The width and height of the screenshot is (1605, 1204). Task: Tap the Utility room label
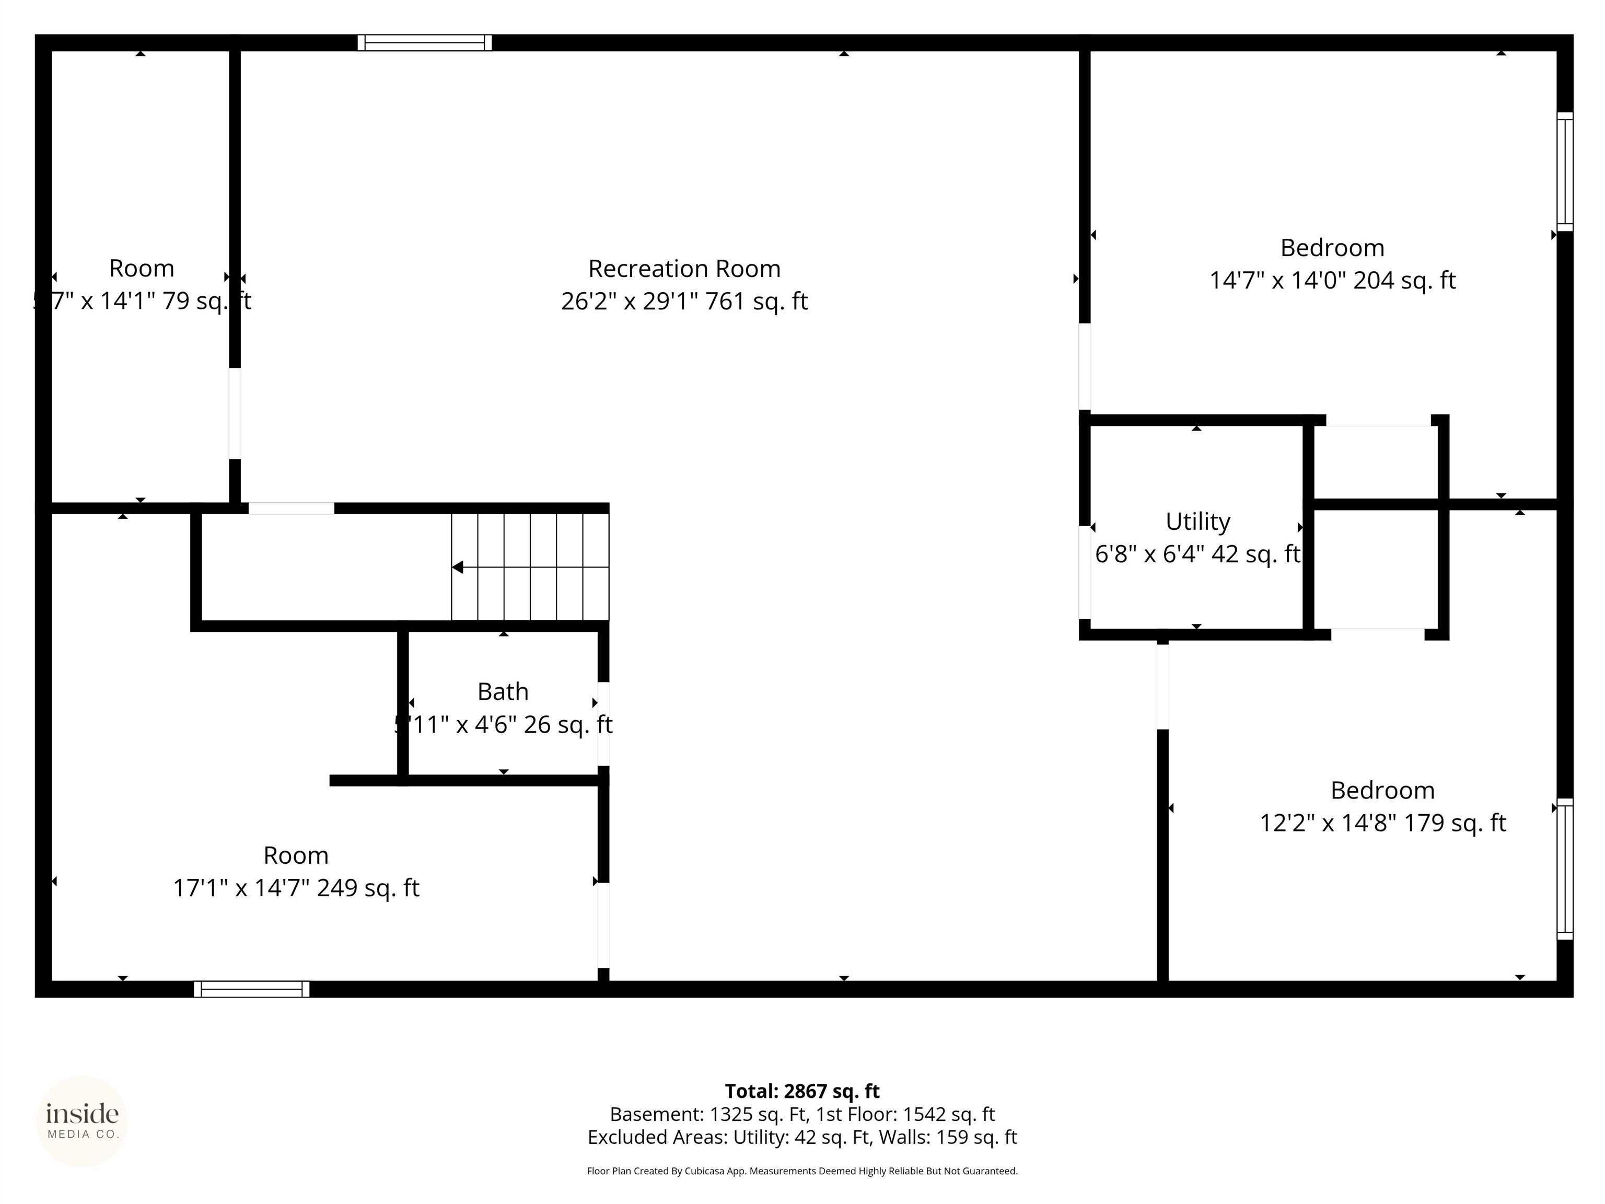tap(1197, 521)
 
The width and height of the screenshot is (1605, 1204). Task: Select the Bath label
tap(503, 692)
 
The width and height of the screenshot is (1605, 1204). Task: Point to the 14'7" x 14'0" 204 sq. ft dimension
tap(1332, 280)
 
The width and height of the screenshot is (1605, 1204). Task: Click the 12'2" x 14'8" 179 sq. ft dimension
tap(1382, 823)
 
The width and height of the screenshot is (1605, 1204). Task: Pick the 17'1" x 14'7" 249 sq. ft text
tap(296, 887)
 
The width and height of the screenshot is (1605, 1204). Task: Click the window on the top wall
tap(424, 43)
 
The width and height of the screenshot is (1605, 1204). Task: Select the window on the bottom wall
tap(251, 989)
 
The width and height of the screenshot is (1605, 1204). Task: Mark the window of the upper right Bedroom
tap(1565, 172)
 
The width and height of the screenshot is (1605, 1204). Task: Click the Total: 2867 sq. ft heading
tap(802, 1091)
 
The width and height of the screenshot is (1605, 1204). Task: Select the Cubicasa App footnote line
tap(802, 1171)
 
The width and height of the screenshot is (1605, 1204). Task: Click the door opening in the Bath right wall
tap(603, 724)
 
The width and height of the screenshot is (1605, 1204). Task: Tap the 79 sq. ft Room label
tap(142, 269)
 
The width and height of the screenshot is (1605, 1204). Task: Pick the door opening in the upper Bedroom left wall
tap(1084, 366)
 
